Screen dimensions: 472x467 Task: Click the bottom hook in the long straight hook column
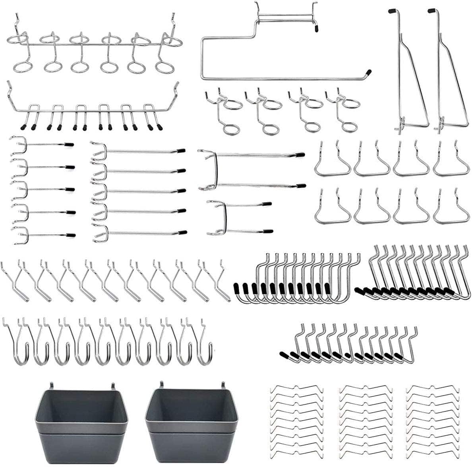[x=139, y=234]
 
